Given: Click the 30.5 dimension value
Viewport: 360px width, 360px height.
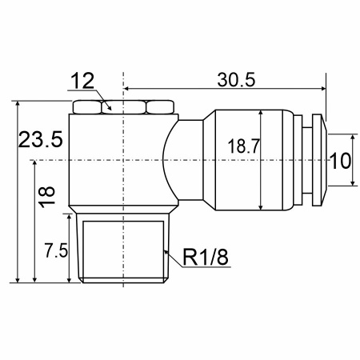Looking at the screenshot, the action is tap(236, 79).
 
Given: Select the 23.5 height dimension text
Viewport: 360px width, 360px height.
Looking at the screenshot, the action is tap(41, 139).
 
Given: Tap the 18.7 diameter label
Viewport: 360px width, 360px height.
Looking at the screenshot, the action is tap(243, 146).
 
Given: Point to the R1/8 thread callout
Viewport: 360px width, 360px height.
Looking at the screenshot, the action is tap(206, 257).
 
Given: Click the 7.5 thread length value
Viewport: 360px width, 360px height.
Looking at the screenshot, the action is tap(56, 250).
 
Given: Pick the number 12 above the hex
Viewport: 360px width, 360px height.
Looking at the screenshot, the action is tap(82, 81).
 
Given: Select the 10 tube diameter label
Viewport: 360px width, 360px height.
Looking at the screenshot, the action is tap(341, 161).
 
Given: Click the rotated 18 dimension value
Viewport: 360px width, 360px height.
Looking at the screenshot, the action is tap(47, 197).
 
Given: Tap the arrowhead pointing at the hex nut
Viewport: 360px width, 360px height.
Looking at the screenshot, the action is tap(109, 107).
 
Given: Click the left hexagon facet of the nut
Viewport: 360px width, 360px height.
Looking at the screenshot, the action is tap(87, 107).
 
